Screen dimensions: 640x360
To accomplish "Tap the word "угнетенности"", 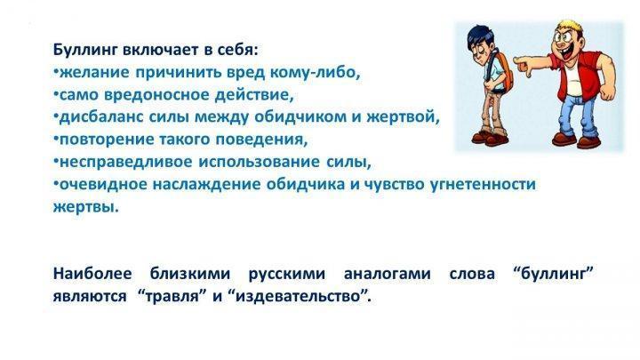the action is click(483, 185).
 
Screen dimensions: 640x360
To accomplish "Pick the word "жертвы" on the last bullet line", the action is click(85, 207).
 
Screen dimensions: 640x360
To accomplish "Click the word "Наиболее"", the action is click(92, 273).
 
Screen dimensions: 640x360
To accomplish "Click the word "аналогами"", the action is click(387, 274).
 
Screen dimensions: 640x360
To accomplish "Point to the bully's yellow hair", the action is click(571, 28).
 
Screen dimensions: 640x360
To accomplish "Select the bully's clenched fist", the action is click(606, 92).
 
